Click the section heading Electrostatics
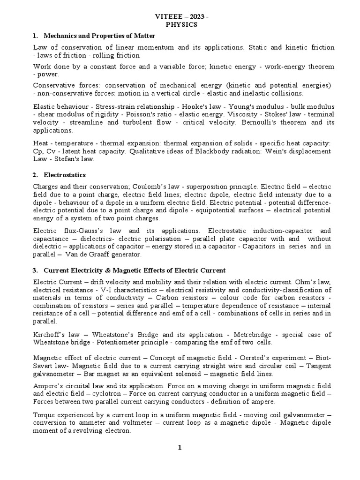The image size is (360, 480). click(x=65, y=175)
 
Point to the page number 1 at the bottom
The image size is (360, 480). click(x=180, y=448)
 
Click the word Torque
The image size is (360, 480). click(x=45, y=415)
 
